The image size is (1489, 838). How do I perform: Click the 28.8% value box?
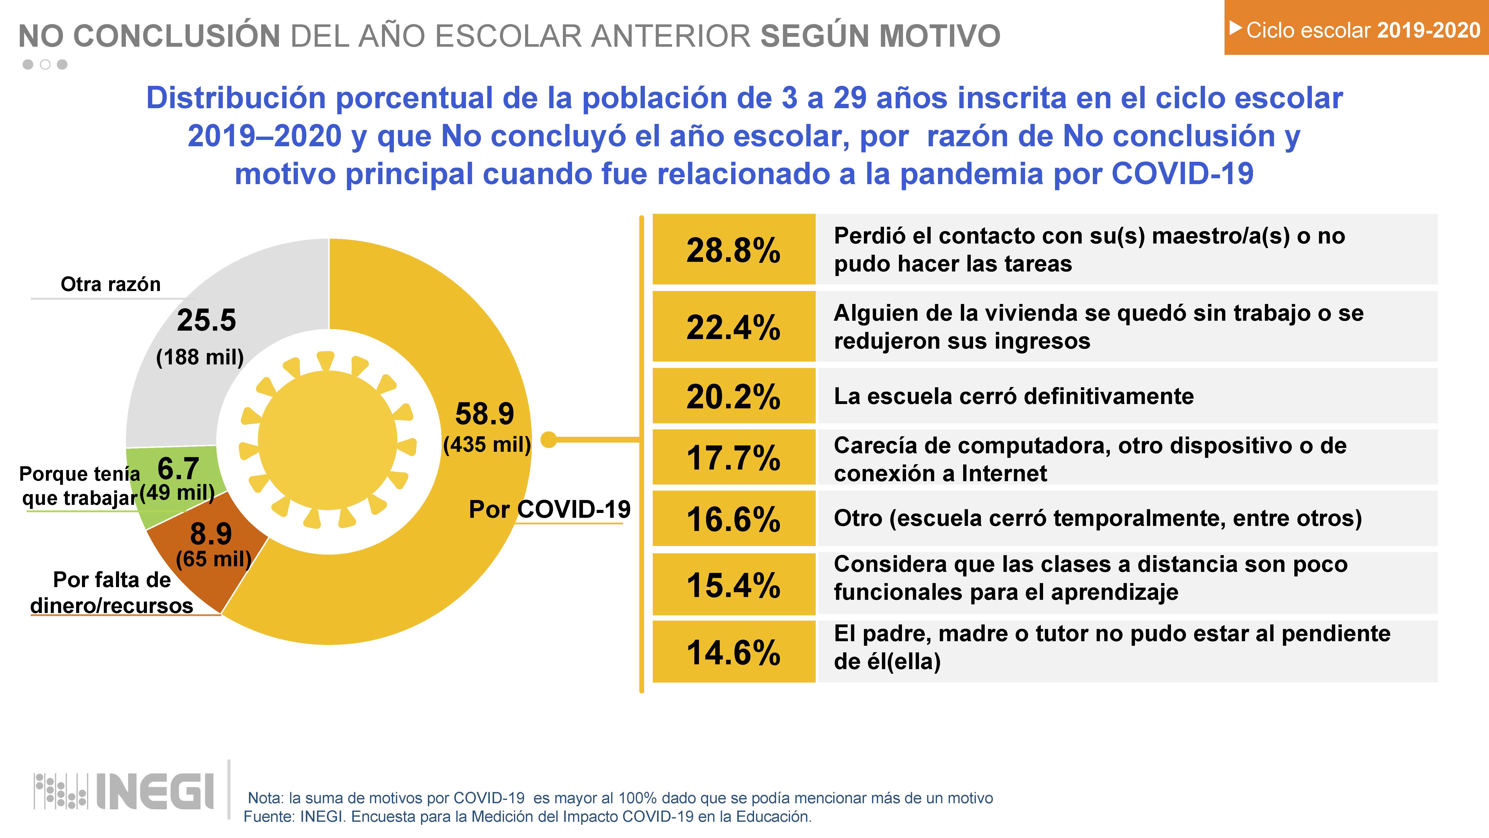pos(733,249)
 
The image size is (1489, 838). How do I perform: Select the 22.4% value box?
pos(733,327)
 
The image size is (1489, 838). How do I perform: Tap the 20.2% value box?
pos(733,396)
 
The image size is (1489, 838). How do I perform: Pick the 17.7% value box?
pos(733,457)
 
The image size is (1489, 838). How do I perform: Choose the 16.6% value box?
pos(733,518)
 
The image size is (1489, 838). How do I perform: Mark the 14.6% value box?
pos(733,652)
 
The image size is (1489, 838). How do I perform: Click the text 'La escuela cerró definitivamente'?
pos(1013,396)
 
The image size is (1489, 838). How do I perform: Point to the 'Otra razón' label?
pos(110,284)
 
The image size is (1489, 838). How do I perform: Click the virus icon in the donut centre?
pos(327,441)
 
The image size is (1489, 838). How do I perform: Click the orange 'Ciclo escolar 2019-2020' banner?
pos(1356,29)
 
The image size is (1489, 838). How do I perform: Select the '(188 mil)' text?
pos(200,357)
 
